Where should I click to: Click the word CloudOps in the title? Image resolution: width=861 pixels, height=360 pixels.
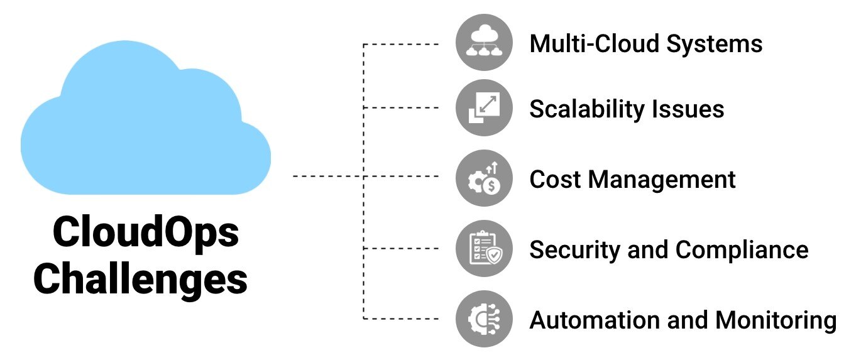tap(145, 232)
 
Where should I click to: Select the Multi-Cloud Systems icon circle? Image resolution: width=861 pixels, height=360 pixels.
tap(483, 43)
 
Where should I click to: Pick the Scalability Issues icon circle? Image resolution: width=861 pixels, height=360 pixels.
tap(483, 109)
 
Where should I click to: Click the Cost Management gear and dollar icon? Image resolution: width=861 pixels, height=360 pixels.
tap(483, 179)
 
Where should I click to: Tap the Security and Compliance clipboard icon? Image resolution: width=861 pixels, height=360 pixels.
tap(483, 249)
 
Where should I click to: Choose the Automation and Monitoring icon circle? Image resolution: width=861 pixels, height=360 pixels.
tap(483, 319)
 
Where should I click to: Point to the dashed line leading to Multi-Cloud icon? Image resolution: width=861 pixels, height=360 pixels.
tap(402, 44)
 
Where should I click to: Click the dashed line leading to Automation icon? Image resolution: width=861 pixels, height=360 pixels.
tap(402, 319)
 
